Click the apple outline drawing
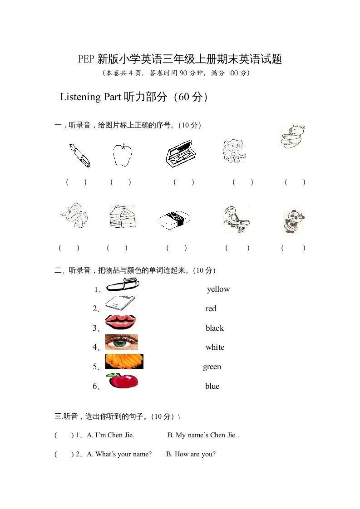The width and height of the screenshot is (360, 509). click(122, 155)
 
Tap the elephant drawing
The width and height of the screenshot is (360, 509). click(235, 151)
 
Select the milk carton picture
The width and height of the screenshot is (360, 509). click(122, 216)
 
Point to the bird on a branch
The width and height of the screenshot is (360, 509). click(236, 219)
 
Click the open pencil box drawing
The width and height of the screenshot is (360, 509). click(181, 154)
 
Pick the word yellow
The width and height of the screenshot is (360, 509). click(218, 289)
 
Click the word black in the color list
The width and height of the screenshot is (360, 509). click(215, 328)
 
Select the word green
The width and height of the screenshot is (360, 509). click(212, 367)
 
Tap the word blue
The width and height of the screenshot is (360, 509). click(212, 387)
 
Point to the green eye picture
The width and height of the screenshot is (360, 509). click(121, 342)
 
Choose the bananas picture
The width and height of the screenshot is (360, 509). click(124, 362)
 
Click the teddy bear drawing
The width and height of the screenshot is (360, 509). click(291, 137)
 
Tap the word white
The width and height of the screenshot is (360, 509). click(215, 347)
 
